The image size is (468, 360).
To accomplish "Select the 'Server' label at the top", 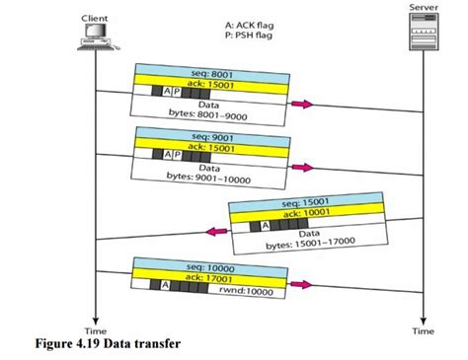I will click(x=423, y=7).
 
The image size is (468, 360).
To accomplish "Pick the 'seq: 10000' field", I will click(x=197, y=266).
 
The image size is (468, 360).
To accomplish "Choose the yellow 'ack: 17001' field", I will click(x=197, y=278).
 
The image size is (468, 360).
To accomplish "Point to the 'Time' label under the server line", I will click(x=423, y=331).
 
